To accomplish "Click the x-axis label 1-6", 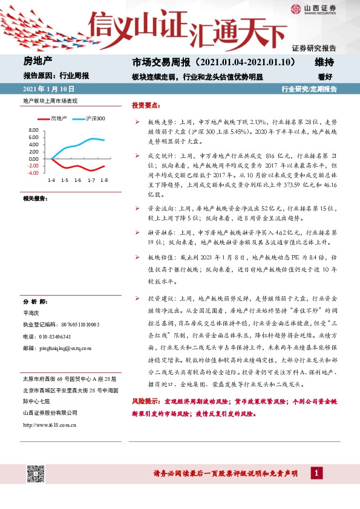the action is tap(77, 181).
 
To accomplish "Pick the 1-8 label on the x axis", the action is tap(104, 181).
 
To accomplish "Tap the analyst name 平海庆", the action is tap(30, 313).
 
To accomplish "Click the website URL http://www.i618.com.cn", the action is tap(48, 424).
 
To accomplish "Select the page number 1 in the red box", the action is tap(316, 473).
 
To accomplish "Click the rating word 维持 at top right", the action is tap(325, 62).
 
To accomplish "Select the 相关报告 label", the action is tap(35, 198).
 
